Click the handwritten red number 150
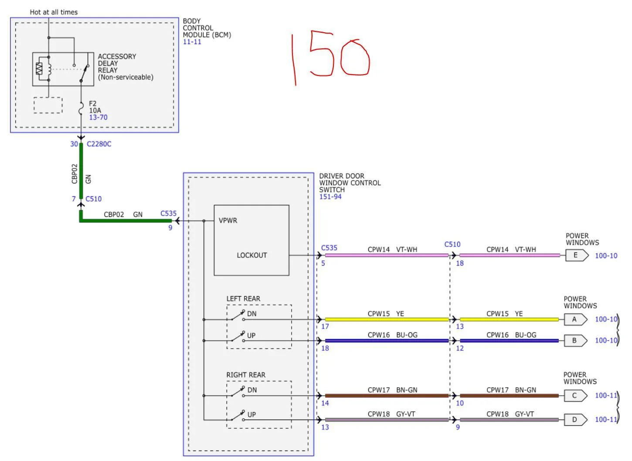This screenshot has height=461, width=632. click(331, 57)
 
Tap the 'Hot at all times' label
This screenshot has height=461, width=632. click(54, 12)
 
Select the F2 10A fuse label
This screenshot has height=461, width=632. click(95, 107)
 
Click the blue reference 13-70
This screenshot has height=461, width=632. click(98, 117)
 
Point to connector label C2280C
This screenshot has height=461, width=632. click(99, 144)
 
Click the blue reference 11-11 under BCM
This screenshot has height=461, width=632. click(192, 42)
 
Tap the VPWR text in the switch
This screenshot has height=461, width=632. click(228, 221)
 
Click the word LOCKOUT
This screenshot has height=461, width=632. click(251, 255)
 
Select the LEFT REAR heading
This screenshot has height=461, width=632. click(243, 299)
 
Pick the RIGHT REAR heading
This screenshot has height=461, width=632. click(245, 375)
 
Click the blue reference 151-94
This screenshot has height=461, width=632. click(330, 197)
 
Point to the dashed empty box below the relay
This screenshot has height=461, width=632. click(48, 105)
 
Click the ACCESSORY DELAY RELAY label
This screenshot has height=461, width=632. click(125, 67)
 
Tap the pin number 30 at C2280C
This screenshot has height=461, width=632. click(74, 144)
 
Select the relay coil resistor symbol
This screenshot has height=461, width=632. click(39, 68)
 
